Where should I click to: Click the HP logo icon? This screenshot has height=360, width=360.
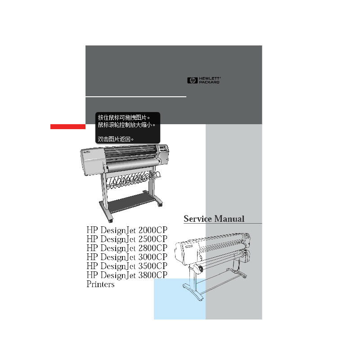pos(192,81)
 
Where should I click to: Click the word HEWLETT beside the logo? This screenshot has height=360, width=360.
pos(209,78)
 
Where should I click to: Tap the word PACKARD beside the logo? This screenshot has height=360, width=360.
pos(209,82)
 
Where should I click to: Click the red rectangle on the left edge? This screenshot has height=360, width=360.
pos(68,126)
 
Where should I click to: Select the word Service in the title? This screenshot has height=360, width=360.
pos(198,219)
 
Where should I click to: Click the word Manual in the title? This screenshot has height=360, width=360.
pos(229,219)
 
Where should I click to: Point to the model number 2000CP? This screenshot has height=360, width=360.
pos(153,230)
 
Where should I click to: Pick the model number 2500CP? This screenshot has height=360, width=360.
pos(153,239)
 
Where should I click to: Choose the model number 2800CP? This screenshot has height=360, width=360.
pos(153,248)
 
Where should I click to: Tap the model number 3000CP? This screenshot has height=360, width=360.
pos(153,257)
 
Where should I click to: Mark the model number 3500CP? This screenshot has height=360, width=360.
pos(153,266)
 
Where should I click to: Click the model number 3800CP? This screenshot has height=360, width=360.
pos(153,275)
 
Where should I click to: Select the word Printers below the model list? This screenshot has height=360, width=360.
pos(100,284)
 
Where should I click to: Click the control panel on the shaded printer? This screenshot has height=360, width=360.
pos(163,148)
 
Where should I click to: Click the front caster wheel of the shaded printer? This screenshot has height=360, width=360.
pos(111,220)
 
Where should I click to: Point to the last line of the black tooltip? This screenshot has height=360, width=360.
pos(116,139)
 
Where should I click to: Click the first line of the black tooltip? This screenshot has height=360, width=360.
pos(124,117)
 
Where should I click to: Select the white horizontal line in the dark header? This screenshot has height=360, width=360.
pos(136,97)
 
